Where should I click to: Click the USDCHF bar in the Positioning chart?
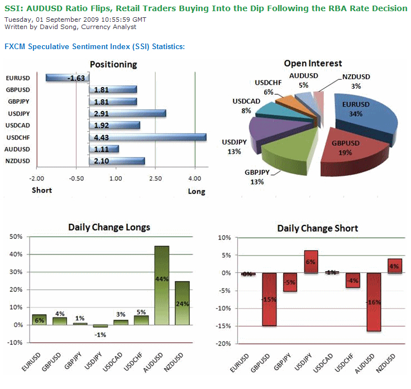pyautogui.click(x=147, y=137)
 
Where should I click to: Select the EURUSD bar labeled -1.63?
pyautogui.click(x=66, y=78)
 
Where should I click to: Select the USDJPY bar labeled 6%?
pyautogui.click(x=310, y=262)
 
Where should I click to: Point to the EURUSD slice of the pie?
pyautogui.click(x=366, y=112)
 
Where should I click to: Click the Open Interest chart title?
pyautogui.click(x=313, y=63)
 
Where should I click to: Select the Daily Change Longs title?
pyautogui.click(x=109, y=227)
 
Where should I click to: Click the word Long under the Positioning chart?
pyautogui.click(x=197, y=191)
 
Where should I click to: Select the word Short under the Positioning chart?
pyautogui.click(x=41, y=190)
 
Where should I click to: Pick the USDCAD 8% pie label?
pyautogui.click(x=246, y=106)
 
